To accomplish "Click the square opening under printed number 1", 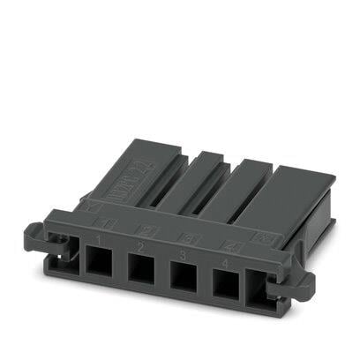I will pos(97,264).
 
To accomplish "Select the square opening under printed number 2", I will pos(140,267).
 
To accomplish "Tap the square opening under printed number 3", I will pos(183,272).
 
